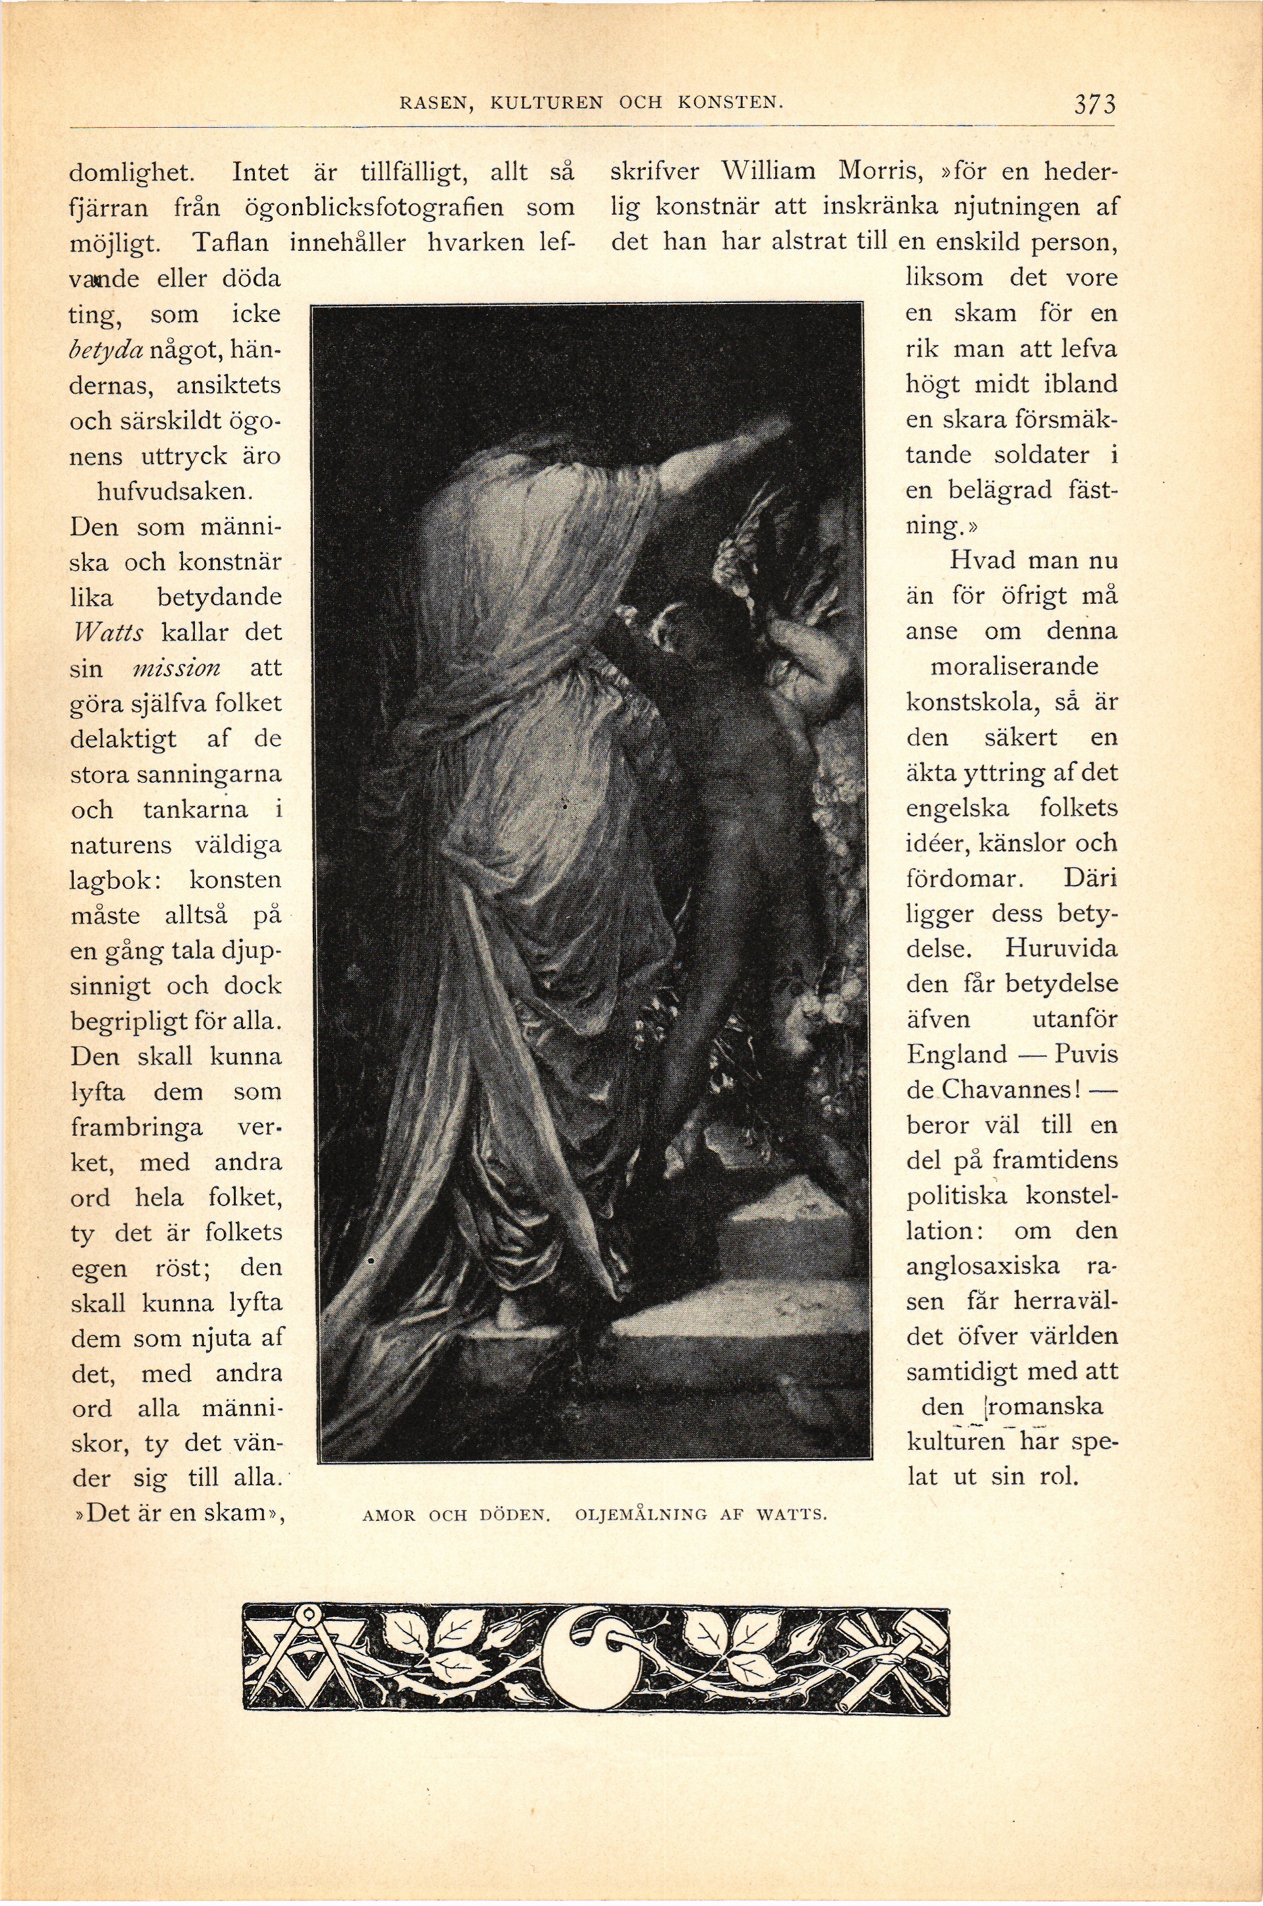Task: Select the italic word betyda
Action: pos(108,350)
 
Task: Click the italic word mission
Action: pos(176,668)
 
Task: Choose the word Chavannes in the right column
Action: pos(1006,1090)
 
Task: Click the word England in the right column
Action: pos(957,1054)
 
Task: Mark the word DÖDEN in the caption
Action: pos(514,1516)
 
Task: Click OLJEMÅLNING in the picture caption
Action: pos(641,1516)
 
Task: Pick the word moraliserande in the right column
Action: pos(1013,668)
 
